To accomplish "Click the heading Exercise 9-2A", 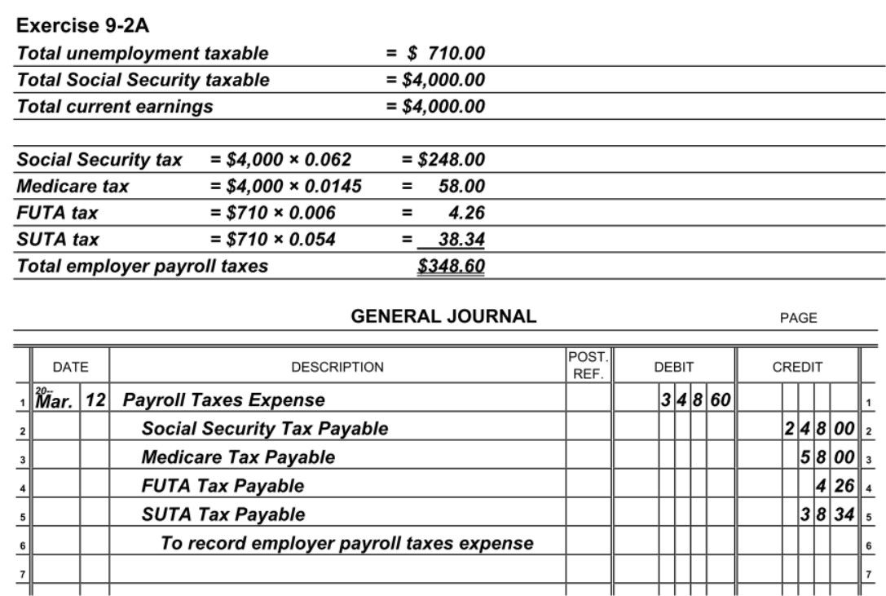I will (83, 25).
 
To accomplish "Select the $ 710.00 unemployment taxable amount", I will (446, 54).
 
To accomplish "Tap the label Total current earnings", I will (115, 107).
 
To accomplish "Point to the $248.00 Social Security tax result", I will (452, 160).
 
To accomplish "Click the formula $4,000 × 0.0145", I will (285, 187).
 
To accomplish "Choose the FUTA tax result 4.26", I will (466, 214).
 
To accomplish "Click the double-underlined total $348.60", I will (451, 267).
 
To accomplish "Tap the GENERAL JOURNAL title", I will (443, 317).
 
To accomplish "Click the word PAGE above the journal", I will (798, 319).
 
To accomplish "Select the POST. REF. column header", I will (588, 366).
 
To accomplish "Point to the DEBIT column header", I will (673, 368).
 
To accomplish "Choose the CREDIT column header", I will (797, 368).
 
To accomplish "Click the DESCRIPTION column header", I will (337, 368).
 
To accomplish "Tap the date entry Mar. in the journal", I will (56, 401).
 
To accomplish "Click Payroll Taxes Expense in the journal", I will (223, 400).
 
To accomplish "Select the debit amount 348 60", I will (695, 400).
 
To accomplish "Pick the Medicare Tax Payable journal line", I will (238, 457).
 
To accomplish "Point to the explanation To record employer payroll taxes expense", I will (347, 543).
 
